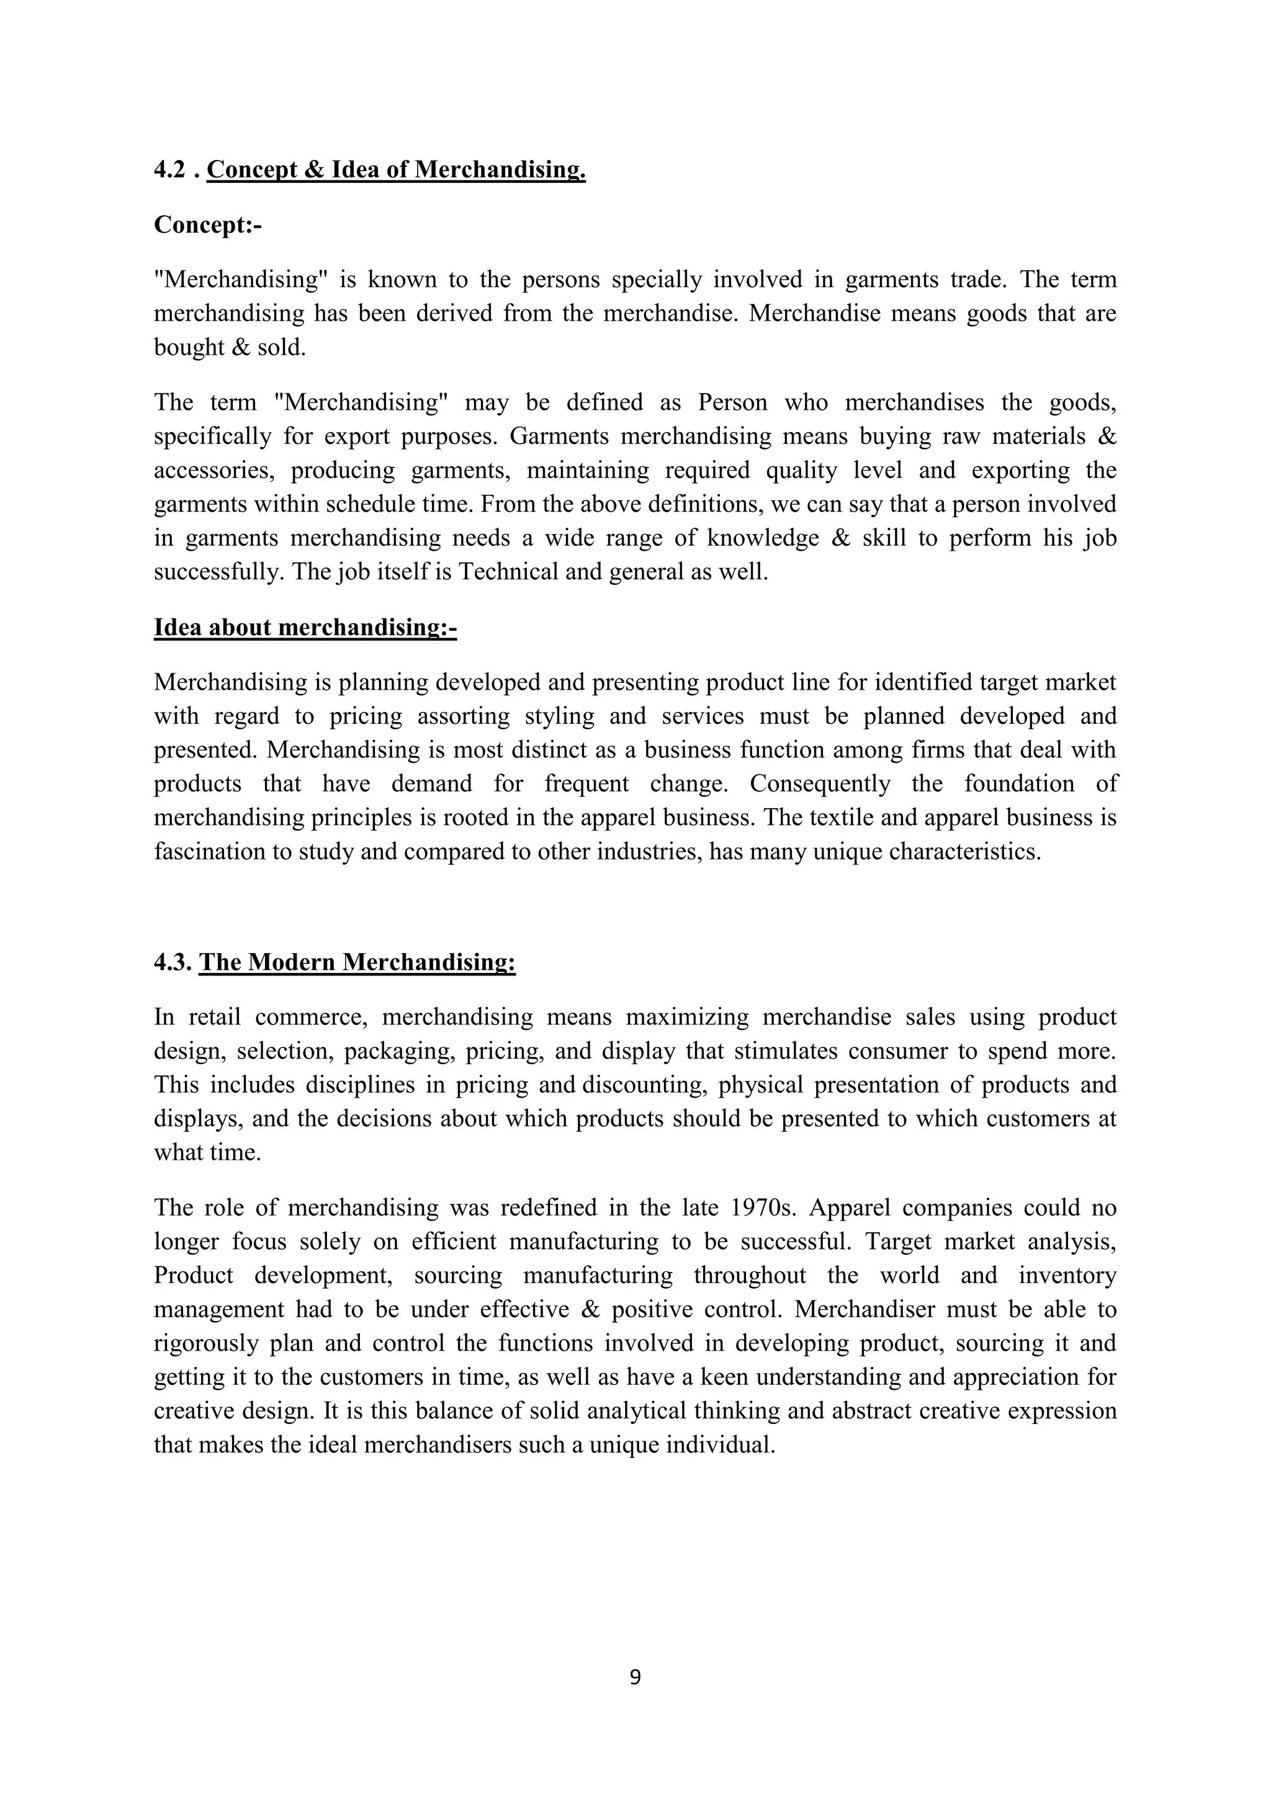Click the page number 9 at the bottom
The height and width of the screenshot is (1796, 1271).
tap(635, 1677)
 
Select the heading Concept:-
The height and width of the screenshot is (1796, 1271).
tap(207, 225)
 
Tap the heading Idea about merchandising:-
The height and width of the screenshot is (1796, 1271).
tap(305, 628)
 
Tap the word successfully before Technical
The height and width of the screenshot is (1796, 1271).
tap(218, 572)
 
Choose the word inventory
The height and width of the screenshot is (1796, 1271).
tap(1067, 1276)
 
